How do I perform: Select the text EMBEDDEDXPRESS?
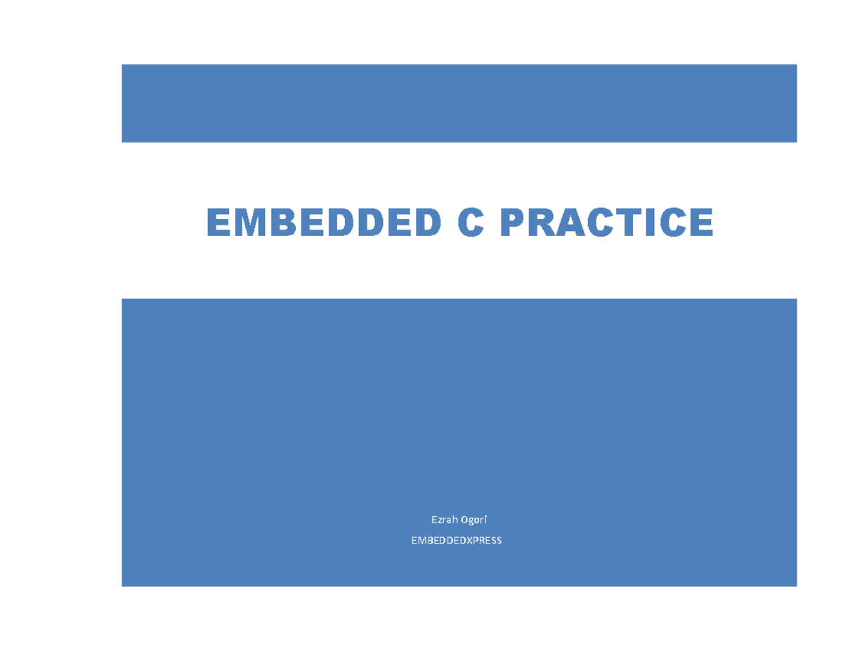click(x=457, y=540)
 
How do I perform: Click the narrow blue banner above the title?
click(x=459, y=103)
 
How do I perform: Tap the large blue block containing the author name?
click(x=459, y=421)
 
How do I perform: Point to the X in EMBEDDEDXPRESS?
click(x=470, y=540)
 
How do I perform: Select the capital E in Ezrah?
click(x=433, y=520)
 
